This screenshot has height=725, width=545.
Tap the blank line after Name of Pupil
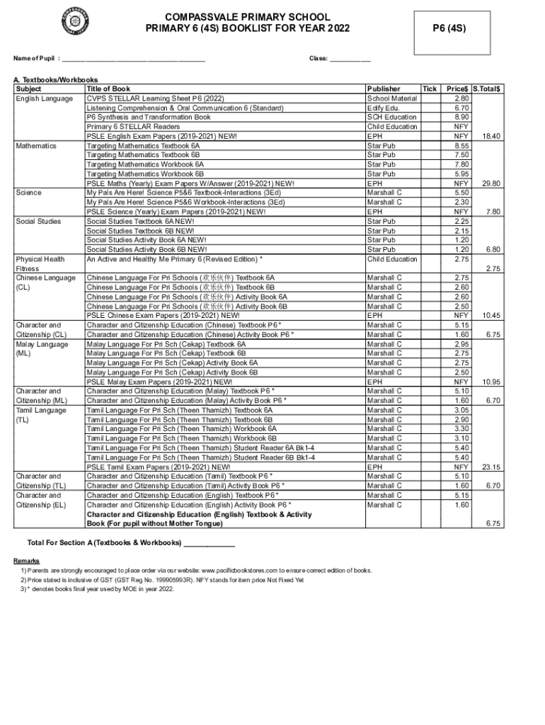tap(134, 59)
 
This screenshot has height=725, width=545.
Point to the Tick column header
tap(430, 89)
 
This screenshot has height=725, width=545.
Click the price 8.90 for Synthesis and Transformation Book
tap(461, 117)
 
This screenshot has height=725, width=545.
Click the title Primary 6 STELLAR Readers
tap(133, 127)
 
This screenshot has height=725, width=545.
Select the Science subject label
tap(28, 193)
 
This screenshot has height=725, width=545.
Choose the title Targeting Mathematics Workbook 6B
tap(145, 173)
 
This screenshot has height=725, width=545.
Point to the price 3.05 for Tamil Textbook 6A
tap(461, 410)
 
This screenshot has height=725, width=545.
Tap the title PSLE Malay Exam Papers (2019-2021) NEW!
tap(159, 382)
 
